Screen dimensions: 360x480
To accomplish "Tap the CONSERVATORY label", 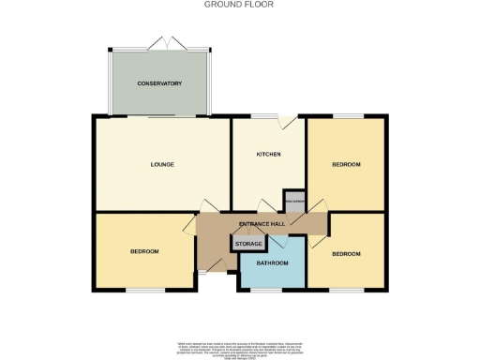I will click(159, 83).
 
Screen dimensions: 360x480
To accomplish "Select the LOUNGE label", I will click(162, 164).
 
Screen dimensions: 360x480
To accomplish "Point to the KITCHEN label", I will click(269, 154).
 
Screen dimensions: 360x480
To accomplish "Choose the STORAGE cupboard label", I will click(248, 244).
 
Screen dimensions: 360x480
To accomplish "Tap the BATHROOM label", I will click(272, 263).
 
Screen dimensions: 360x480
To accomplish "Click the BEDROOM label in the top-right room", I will click(346, 164).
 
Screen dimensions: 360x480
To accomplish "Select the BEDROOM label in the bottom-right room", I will click(347, 253).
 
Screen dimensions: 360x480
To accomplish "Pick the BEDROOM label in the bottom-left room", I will click(144, 251).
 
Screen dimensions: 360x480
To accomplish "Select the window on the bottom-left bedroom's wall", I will click(144, 290).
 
